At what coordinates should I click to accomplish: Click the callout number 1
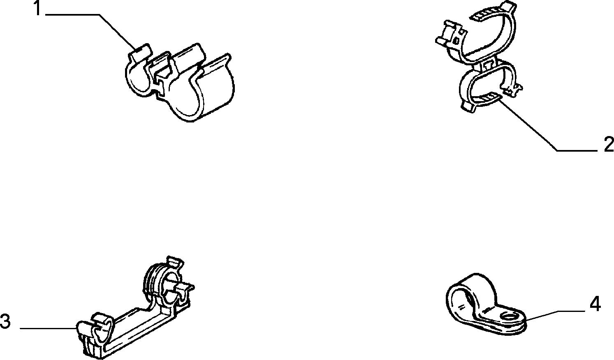click(x=37, y=8)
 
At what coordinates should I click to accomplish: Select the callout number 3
click(x=5, y=321)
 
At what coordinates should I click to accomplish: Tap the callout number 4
click(x=595, y=304)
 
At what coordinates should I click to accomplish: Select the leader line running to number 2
click(x=545, y=127)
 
